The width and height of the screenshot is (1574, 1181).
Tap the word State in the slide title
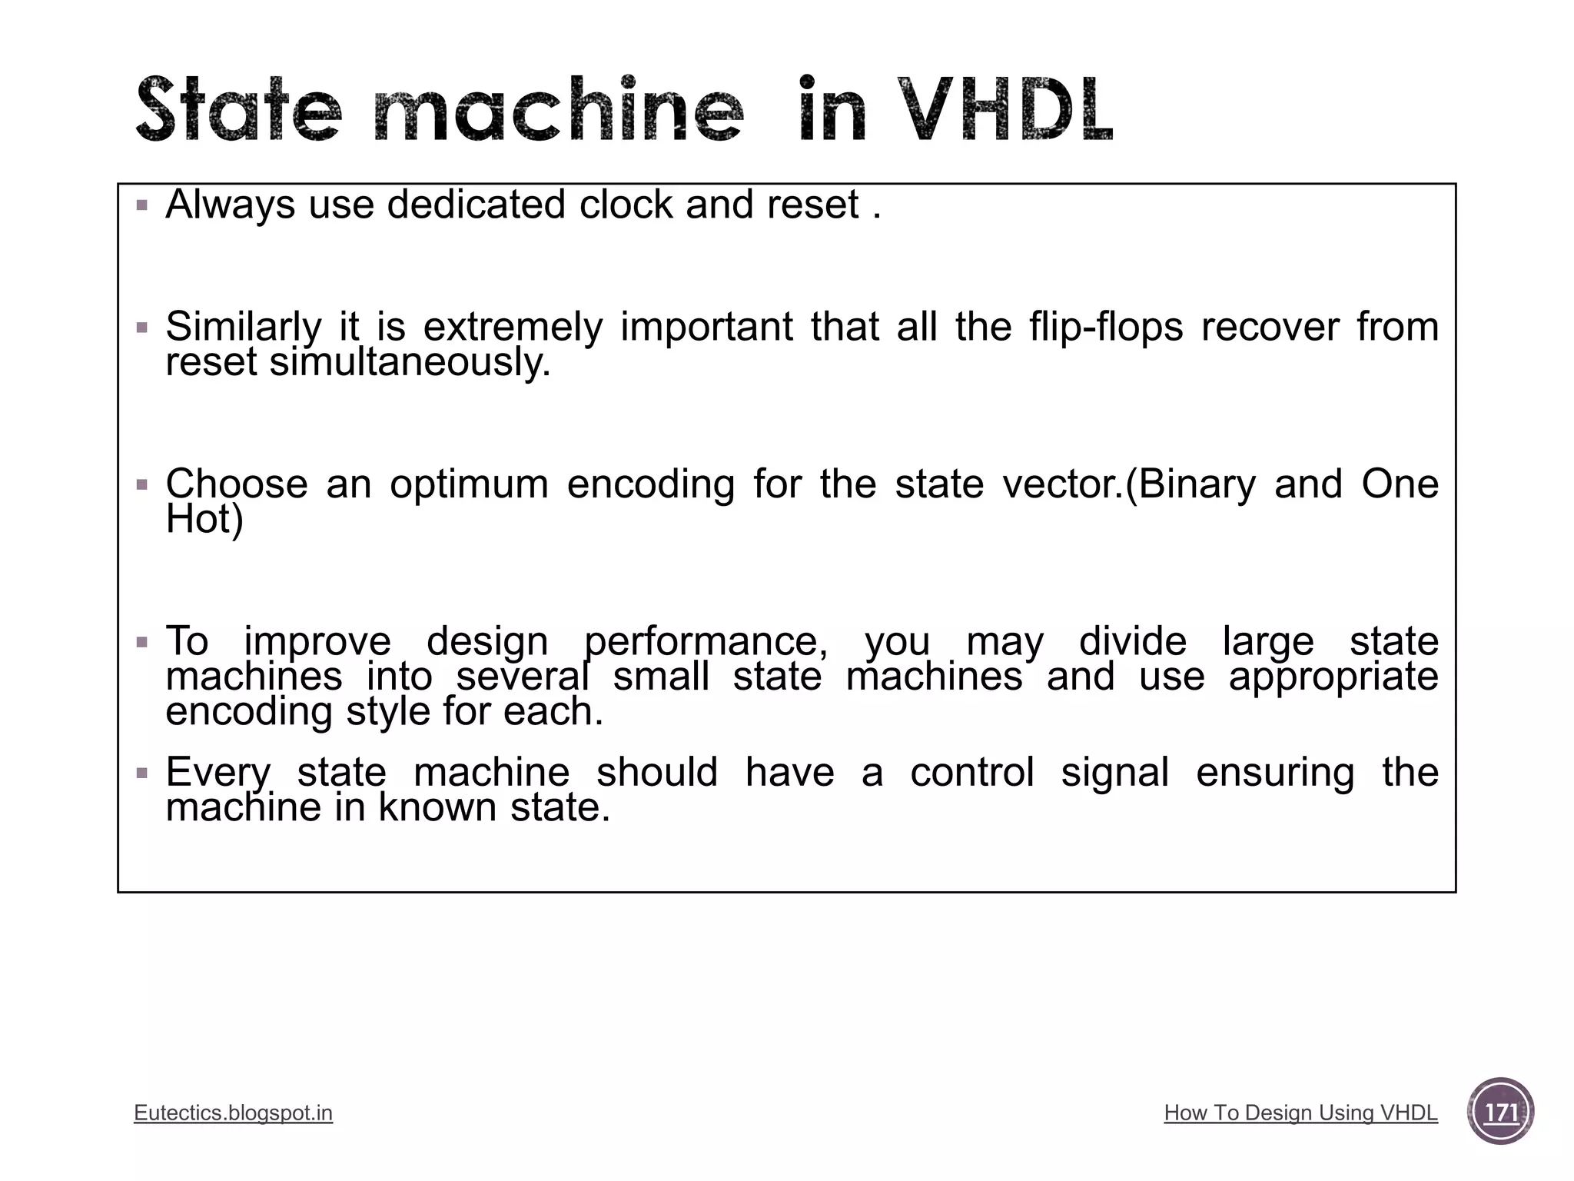point(237,110)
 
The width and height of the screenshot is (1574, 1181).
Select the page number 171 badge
point(1500,1112)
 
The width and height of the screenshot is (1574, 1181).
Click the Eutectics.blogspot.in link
point(233,1113)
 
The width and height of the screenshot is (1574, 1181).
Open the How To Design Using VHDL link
point(1300,1113)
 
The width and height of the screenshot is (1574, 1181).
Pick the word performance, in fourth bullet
point(706,641)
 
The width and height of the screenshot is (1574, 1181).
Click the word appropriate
point(1333,677)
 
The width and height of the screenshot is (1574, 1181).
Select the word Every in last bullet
point(218,773)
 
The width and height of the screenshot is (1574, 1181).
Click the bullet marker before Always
point(141,205)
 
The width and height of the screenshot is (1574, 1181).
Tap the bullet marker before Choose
point(141,485)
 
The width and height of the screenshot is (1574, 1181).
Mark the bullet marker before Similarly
point(141,328)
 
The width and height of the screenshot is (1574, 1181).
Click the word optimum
point(469,484)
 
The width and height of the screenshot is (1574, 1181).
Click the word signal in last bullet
point(1114,773)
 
